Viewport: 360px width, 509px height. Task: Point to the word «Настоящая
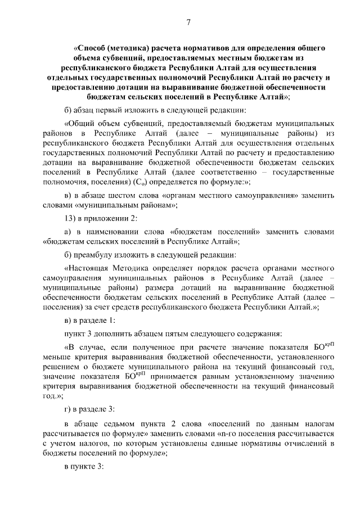point(88,268)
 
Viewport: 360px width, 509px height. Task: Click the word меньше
point(57,355)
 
